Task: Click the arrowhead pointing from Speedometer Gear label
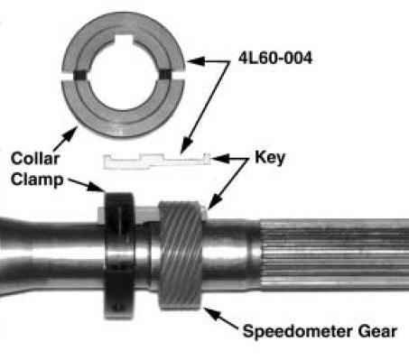coord(206,311)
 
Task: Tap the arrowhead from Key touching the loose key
coord(210,161)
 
